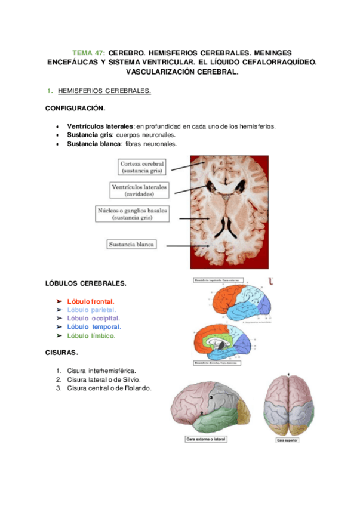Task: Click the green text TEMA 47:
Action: pos(88,53)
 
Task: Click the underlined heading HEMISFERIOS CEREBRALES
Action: pos(104,91)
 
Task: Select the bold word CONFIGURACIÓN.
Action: pos(75,109)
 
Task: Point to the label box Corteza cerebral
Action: pos(142,167)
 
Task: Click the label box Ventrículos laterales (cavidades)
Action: pos(139,190)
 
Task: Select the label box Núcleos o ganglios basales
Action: pos(132,214)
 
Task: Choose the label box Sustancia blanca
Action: pos(131,244)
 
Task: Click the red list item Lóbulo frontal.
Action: pos(91,301)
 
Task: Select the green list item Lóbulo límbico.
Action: pos(91,335)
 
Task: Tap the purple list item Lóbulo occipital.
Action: pos(93,318)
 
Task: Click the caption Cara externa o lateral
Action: pos(206,440)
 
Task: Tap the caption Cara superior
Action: pos(287,440)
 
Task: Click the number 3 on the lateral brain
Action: pos(210,396)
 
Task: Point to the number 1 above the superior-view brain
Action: pos(288,374)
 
